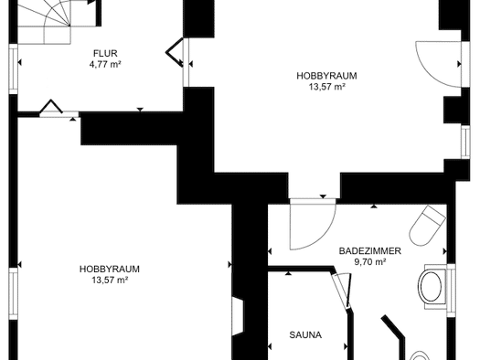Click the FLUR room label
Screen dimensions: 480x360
(105, 53)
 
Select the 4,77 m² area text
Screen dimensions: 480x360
(105, 64)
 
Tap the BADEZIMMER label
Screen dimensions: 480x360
(369, 251)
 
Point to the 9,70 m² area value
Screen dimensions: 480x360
(369, 262)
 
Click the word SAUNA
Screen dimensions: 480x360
(305, 335)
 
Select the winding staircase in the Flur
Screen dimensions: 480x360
(45, 22)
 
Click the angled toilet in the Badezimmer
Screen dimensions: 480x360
(427, 226)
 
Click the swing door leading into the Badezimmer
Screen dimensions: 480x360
(313, 224)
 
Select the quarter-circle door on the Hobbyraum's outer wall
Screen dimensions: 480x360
(438, 64)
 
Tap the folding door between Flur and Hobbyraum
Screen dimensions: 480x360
(176, 52)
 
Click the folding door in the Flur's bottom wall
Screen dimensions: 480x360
(51, 107)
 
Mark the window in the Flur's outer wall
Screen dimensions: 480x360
(14, 69)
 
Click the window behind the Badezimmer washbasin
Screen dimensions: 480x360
(452, 291)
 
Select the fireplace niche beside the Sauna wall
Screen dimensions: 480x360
(238, 316)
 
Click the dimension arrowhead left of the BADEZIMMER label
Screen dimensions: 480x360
(270, 251)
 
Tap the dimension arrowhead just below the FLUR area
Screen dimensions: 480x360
(140, 110)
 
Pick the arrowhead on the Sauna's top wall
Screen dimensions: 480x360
(288, 273)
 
